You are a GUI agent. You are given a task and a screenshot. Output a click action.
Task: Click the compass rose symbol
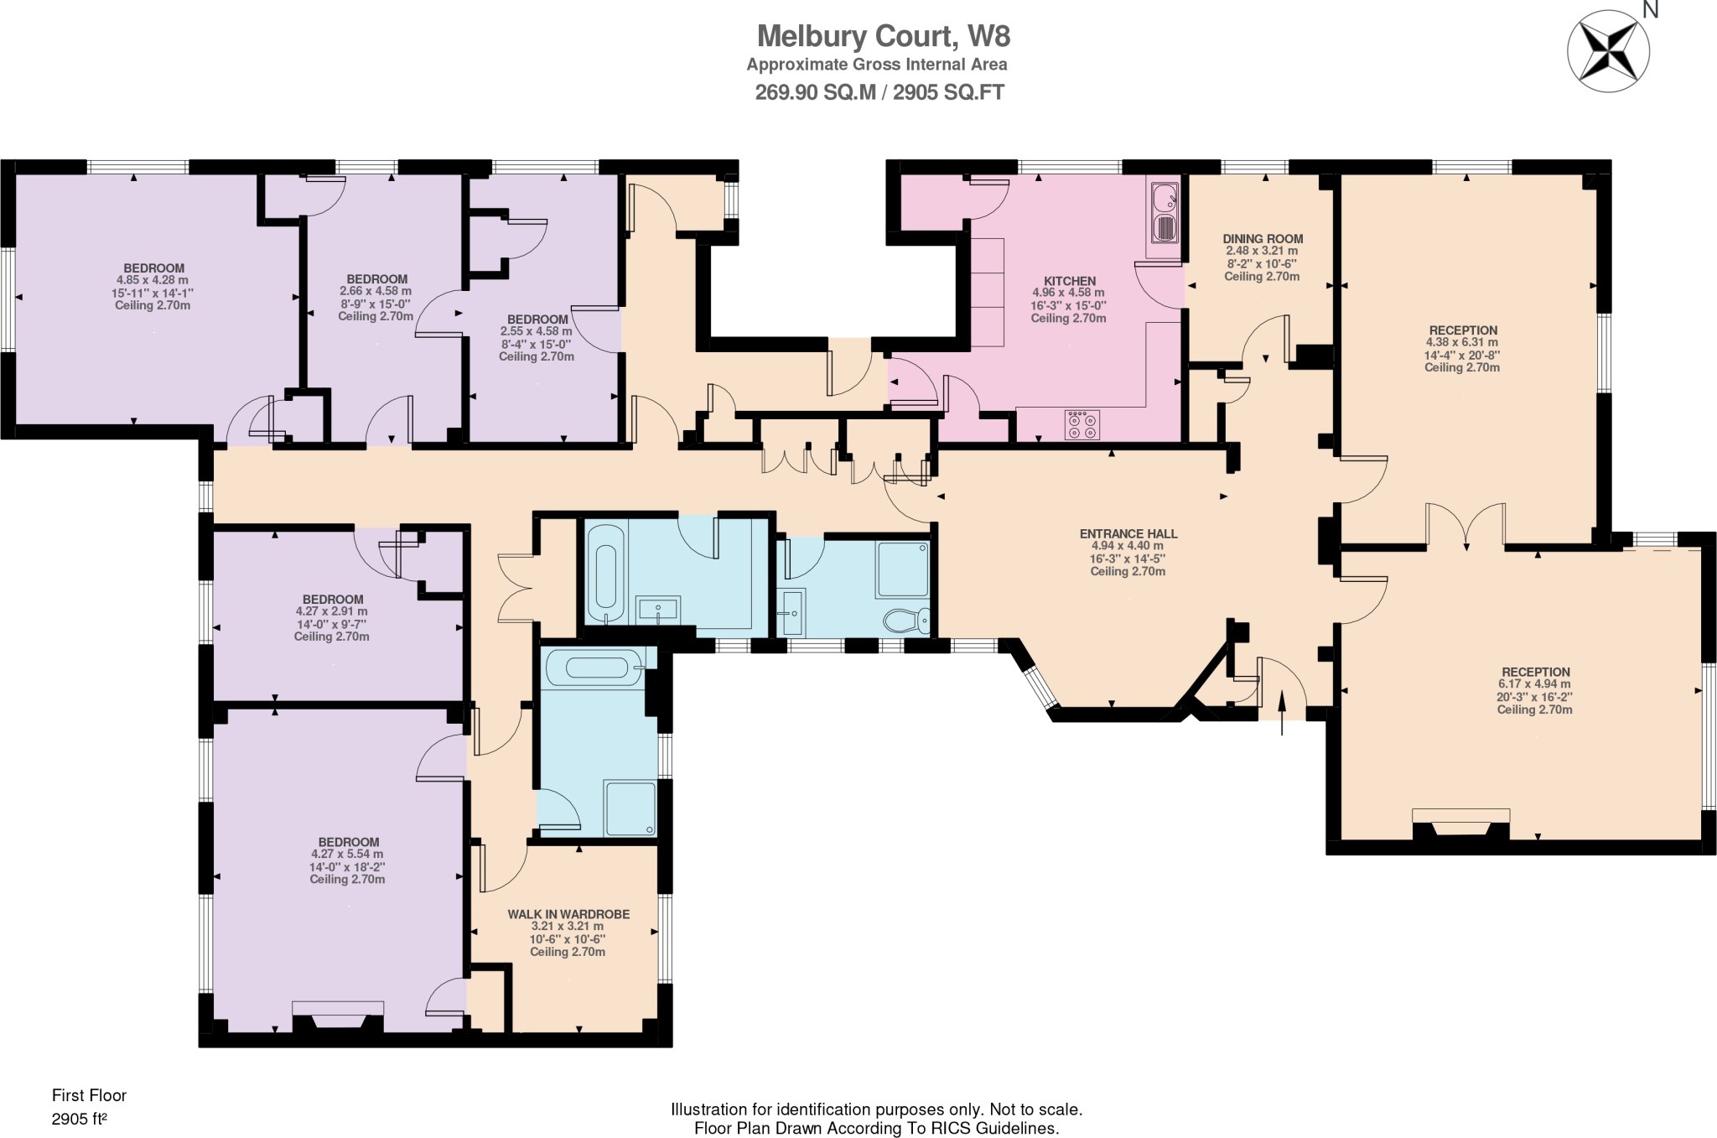pyautogui.click(x=1608, y=51)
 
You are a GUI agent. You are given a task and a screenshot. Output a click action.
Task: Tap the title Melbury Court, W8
pyautogui.click(x=883, y=36)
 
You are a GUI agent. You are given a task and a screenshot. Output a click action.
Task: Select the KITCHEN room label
pyautogui.click(x=1069, y=281)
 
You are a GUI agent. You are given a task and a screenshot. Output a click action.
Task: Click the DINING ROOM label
pyautogui.click(x=1262, y=239)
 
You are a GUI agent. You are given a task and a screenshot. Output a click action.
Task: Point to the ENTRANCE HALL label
pyautogui.click(x=1128, y=533)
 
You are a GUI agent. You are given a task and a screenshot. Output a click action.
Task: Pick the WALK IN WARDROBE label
pyautogui.click(x=568, y=914)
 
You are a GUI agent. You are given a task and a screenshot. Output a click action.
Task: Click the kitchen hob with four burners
pyautogui.click(x=1082, y=424)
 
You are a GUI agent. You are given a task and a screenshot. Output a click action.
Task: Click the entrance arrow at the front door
pyautogui.click(x=1282, y=713)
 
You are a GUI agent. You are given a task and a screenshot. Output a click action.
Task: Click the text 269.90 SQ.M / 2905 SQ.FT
pyautogui.click(x=879, y=92)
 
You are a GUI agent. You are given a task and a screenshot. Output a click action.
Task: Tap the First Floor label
pyautogui.click(x=89, y=1095)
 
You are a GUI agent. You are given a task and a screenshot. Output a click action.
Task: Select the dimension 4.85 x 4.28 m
pyautogui.click(x=153, y=280)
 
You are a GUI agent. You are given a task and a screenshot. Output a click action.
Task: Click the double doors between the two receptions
pyautogui.click(x=1465, y=527)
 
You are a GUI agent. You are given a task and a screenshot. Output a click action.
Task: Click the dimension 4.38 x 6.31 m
pyautogui.click(x=1461, y=342)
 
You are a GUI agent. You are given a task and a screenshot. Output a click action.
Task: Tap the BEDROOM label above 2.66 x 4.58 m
pyautogui.click(x=376, y=279)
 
